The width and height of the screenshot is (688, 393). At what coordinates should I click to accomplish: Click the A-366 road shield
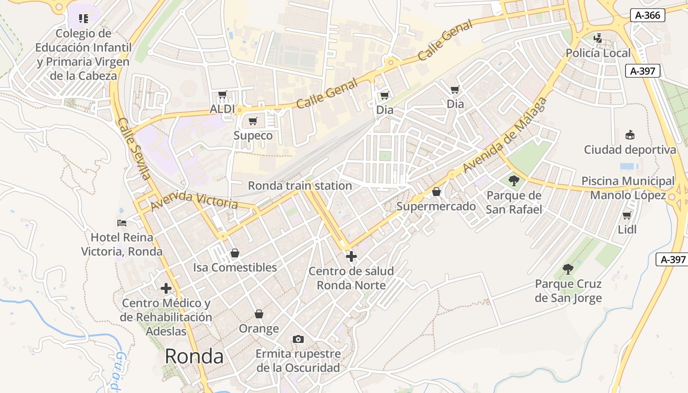point(647,15)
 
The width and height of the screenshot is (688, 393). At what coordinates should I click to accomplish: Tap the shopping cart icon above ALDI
point(222,94)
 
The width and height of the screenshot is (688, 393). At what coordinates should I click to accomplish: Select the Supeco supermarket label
point(253,135)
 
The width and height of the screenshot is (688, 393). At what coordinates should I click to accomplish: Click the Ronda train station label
point(300,186)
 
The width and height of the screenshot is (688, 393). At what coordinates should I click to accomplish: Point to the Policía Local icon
point(598,38)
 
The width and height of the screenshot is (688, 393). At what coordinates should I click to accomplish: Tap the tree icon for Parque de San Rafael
point(514,180)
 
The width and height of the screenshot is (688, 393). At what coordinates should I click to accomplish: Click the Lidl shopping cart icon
point(627,215)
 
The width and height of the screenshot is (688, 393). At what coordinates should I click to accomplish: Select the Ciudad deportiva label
point(630,149)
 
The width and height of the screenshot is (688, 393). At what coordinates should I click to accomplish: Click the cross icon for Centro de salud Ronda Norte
point(351,256)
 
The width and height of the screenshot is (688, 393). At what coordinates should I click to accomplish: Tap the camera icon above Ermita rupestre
point(298,339)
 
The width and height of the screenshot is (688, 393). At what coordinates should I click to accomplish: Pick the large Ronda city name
point(194,356)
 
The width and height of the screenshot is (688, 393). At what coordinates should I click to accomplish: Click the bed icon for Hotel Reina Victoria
point(122,223)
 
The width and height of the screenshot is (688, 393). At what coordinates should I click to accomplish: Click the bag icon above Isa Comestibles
point(235,253)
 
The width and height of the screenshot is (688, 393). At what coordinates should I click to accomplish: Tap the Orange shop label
point(258,328)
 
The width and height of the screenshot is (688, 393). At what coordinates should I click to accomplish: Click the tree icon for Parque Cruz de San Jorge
point(568,269)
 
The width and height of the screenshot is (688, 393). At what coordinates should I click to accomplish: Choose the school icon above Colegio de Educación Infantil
point(84,19)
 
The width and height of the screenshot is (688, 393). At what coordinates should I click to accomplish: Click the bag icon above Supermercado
point(436,192)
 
